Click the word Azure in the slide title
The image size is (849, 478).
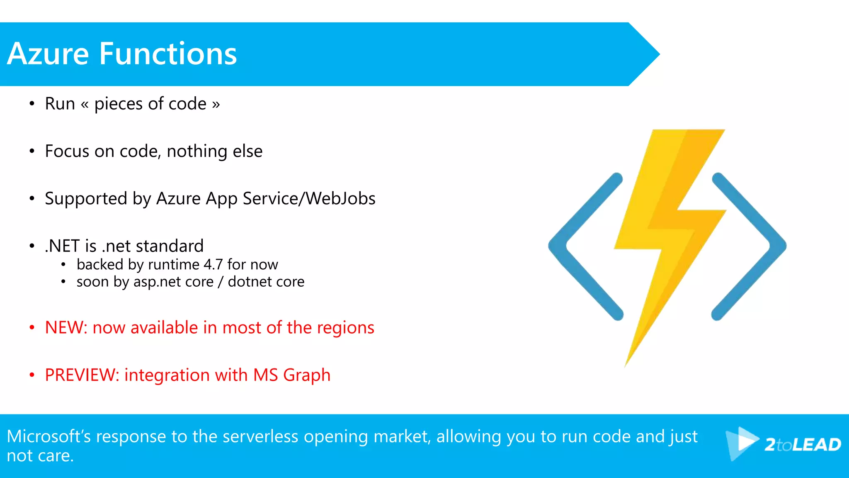[48, 54]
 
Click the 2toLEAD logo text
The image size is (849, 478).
[803, 445]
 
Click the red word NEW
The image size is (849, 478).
[64, 328]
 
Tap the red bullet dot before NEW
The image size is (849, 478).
[32, 328]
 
